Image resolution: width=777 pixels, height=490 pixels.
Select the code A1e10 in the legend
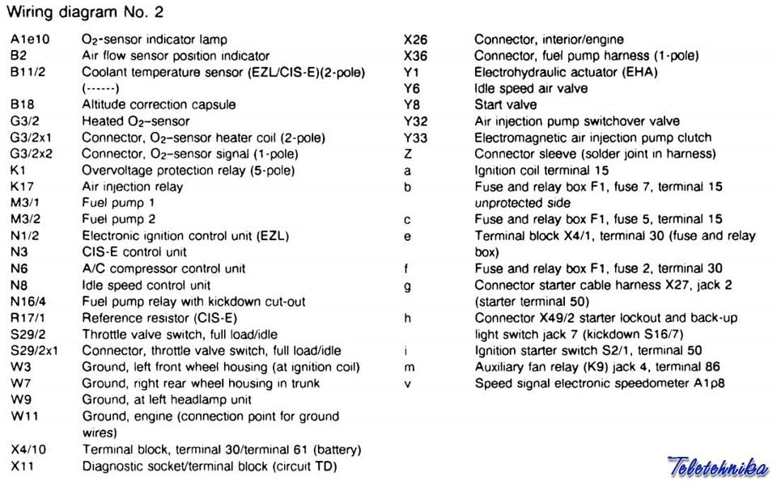point(28,39)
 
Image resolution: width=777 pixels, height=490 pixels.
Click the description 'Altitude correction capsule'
point(159,104)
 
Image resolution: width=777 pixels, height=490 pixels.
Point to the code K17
point(22,187)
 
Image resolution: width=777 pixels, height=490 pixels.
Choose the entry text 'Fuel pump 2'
point(118,219)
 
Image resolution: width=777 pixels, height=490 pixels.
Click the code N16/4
point(28,302)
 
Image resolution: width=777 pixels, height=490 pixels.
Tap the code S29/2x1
point(40,351)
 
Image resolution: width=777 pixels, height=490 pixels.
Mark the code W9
point(20,399)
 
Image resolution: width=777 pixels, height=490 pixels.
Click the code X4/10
point(28,450)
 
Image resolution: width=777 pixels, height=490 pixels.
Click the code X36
point(415,56)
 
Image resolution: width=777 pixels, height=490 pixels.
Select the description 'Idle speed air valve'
point(531,88)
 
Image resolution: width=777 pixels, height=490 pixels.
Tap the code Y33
point(415,137)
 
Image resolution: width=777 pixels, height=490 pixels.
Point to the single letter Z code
point(408,154)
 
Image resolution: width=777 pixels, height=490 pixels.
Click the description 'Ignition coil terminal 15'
point(541,171)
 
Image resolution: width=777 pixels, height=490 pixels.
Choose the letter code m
point(409,367)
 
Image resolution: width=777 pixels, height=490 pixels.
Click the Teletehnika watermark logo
point(717,467)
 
